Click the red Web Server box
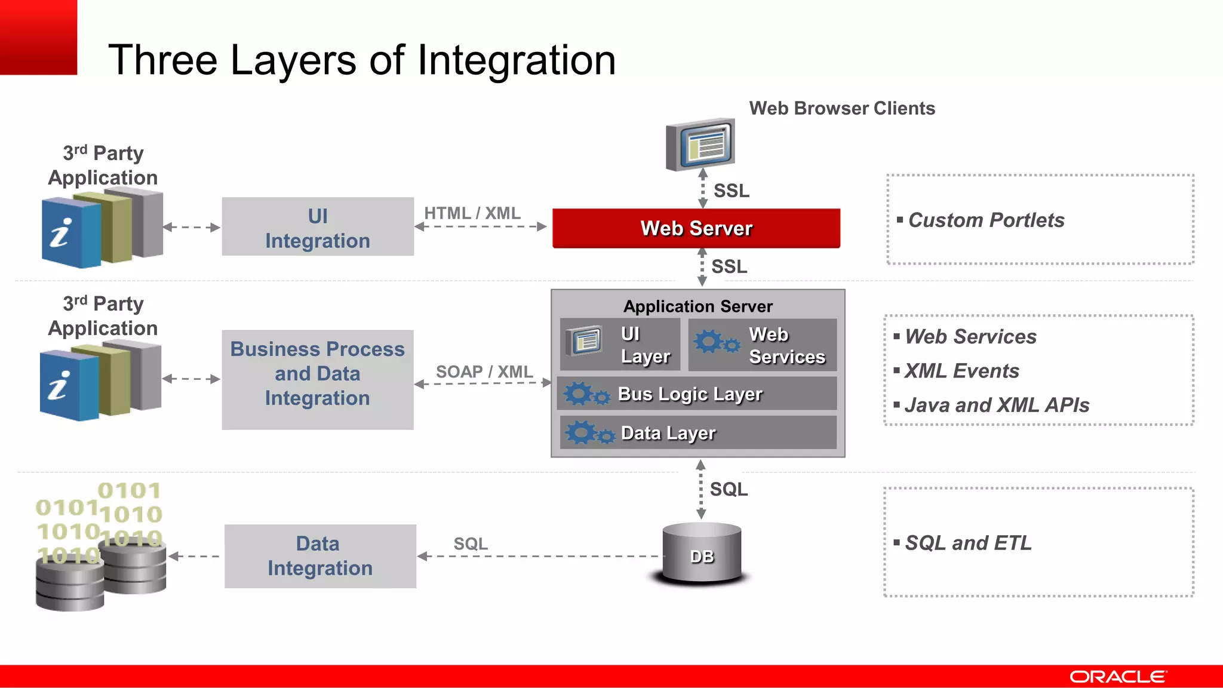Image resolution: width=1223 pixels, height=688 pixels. (696, 228)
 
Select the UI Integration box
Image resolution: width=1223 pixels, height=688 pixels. (318, 228)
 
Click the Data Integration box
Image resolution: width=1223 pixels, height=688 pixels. (320, 556)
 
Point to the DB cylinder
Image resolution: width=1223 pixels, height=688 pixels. (702, 554)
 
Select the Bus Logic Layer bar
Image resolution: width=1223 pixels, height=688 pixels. (696, 394)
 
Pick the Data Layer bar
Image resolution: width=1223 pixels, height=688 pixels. (697, 433)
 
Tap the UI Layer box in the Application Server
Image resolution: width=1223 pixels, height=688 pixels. (620, 345)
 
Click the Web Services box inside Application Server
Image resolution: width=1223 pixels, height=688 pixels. (763, 345)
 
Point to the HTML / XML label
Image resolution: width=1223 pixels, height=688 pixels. (472, 213)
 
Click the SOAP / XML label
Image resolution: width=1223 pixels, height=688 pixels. (484, 371)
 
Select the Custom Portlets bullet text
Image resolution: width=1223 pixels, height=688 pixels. (986, 220)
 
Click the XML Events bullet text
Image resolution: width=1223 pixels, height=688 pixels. (961, 371)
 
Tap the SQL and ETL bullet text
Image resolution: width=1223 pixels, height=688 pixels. (968, 543)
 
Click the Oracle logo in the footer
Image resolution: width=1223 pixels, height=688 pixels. (1117, 677)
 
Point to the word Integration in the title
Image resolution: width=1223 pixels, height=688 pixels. (516, 60)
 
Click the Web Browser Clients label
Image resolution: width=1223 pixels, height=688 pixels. (842, 109)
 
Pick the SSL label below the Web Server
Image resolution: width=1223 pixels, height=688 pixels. (729, 266)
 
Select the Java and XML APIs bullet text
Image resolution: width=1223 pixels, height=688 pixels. (997, 406)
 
